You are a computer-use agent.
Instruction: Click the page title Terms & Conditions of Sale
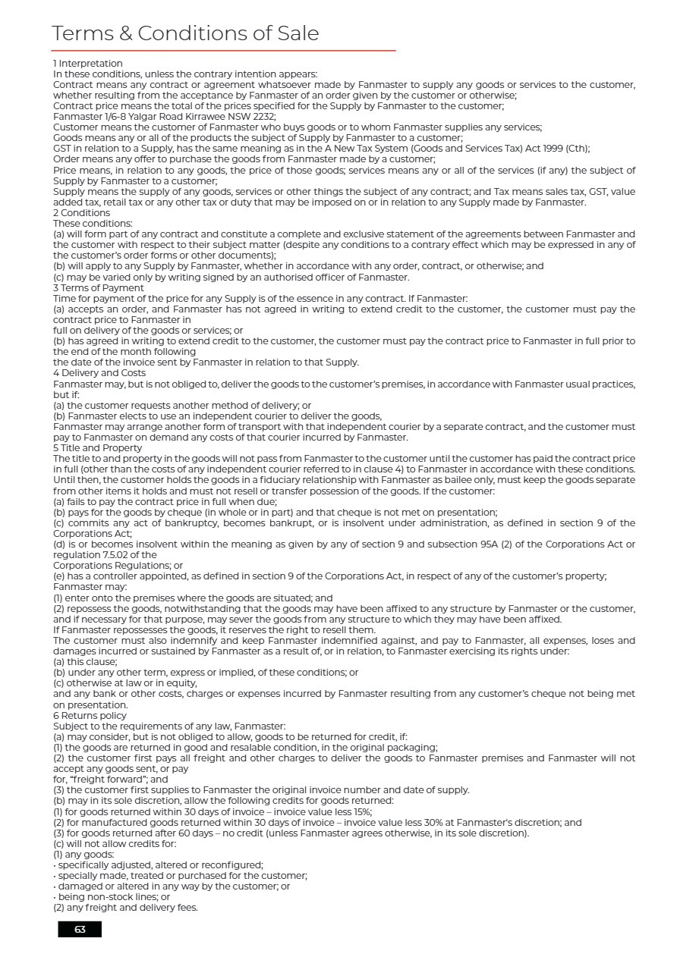[185, 33]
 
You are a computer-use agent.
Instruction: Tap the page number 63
[80, 929]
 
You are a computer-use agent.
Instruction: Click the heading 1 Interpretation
[87, 64]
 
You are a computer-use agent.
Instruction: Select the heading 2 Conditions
[81, 213]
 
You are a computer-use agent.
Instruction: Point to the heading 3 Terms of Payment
[99, 288]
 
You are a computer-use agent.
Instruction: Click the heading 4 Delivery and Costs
[99, 373]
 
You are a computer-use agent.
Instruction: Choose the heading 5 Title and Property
[97, 448]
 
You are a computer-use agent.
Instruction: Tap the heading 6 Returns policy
[90, 716]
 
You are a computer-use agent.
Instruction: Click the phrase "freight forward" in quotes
[109, 780]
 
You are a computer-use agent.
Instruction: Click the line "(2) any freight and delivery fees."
[125, 908]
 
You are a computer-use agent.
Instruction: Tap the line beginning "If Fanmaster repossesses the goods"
[214, 630]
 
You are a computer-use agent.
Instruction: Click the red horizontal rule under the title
[224, 51]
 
